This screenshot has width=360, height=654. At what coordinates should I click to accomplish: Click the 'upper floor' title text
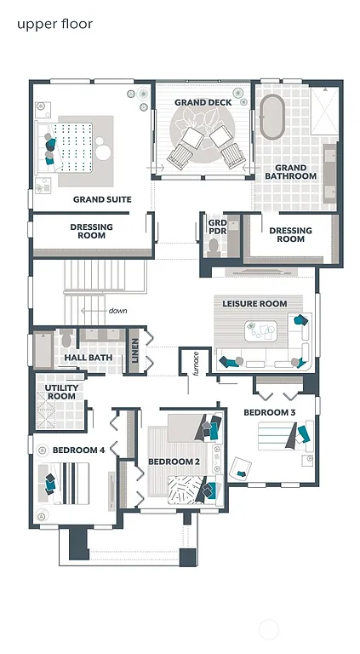(x=54, y=24)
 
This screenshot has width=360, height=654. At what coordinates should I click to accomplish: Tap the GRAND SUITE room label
(x=101, y=200)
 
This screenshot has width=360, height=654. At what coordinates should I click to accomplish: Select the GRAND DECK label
(x=203, y=103)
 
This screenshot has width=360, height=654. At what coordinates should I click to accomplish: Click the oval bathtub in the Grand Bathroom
(x=272, y=118)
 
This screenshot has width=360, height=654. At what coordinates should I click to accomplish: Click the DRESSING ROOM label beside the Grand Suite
(x=91, y=231)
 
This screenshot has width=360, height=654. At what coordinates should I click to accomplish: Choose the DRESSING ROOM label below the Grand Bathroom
(x=290, y=234)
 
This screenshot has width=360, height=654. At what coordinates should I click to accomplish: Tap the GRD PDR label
(x=217, y=227)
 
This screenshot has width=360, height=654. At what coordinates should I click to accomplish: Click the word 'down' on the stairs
(x=117, y=311)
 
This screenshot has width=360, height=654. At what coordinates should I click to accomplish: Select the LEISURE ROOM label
(x=254, y=304)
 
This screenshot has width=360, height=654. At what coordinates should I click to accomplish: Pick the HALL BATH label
(x=88, y=358)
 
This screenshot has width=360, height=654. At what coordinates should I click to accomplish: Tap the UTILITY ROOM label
(x=60, y=392)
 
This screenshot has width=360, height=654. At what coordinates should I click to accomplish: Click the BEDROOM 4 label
(x=78, y=450)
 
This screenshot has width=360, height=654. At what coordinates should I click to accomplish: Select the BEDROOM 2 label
(x=174, y=462)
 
